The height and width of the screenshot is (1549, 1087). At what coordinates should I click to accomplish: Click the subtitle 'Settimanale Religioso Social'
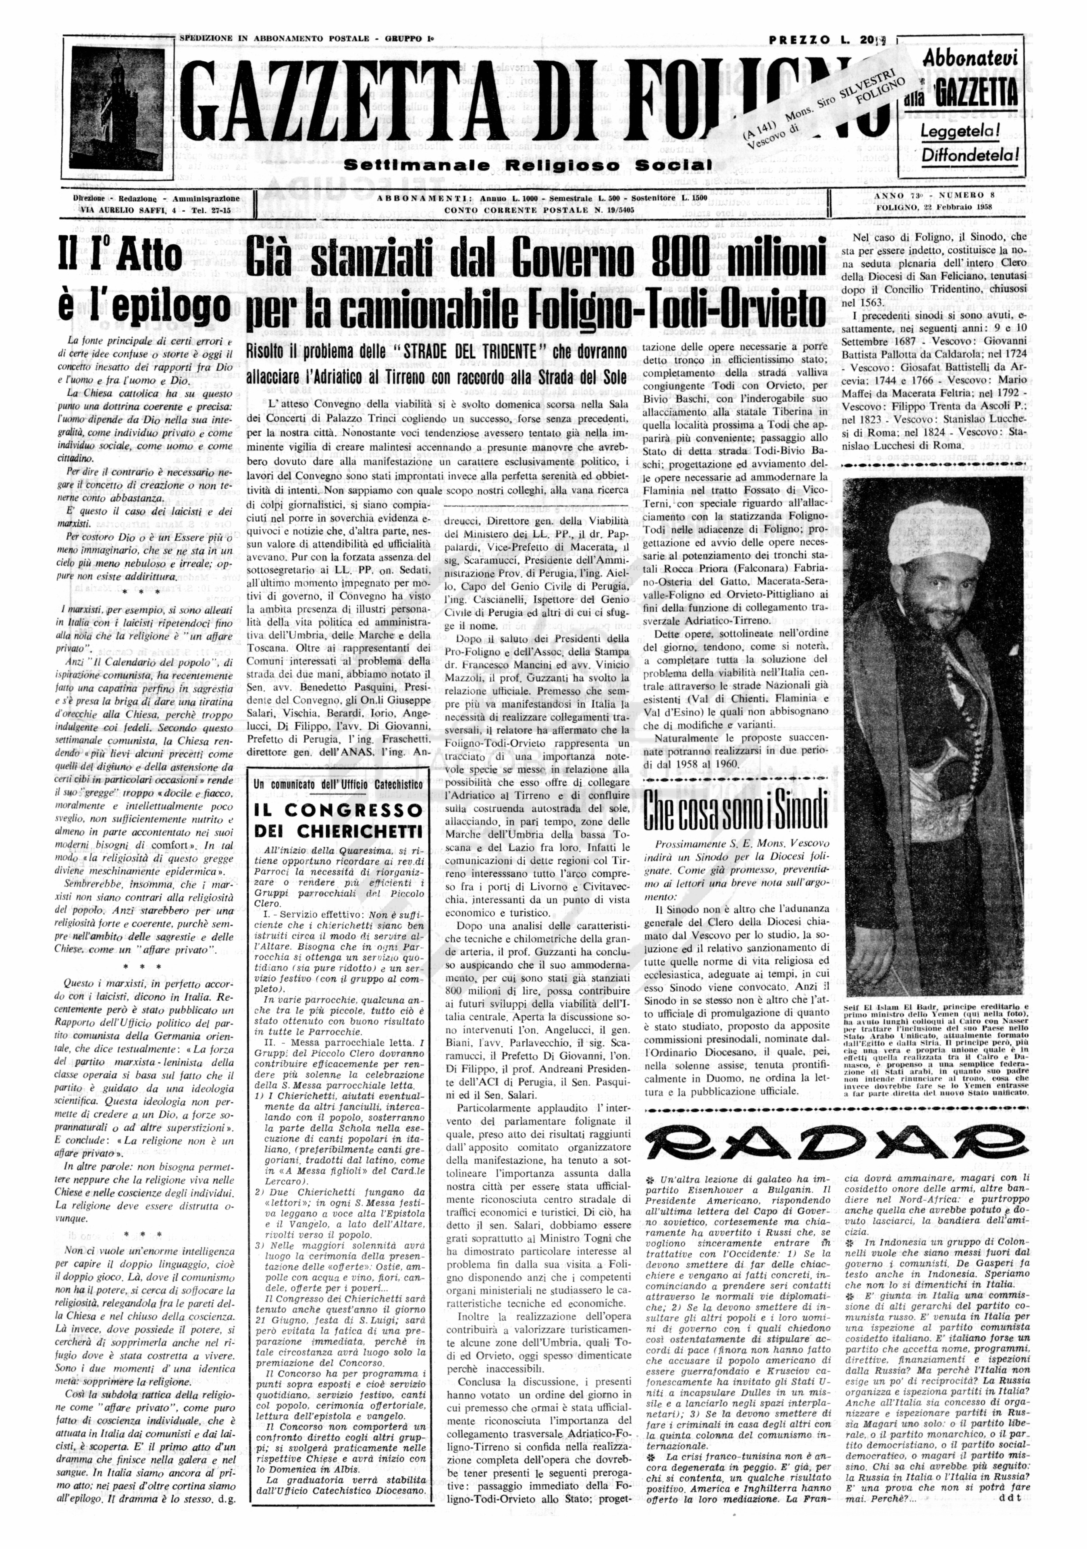528,165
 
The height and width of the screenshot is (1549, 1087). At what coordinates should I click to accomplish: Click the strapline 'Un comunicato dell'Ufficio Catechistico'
338,785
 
